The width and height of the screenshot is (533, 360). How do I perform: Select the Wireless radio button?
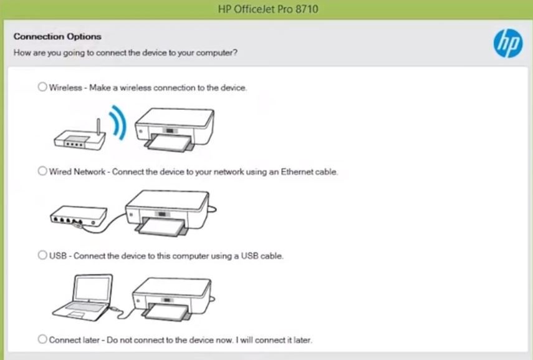tap(42, 87)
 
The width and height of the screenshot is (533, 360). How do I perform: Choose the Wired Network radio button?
tap(42, 171)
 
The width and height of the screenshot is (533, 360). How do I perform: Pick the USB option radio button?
tap(42, 255)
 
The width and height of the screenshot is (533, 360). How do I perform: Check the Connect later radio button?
tap(42, 339)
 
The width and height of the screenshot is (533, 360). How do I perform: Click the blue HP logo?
tap(508, 43)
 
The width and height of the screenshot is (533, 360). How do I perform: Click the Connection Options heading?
tap(57, 36)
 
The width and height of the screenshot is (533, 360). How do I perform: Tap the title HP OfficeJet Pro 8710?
tap(268, 9)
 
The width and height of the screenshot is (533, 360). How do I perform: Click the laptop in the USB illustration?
tap(83, 298)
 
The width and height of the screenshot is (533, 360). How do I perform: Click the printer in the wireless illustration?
tap(175, 130)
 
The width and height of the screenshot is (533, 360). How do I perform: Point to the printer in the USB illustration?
tap(172, 299)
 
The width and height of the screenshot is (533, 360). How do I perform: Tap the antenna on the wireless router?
tap(98, 127)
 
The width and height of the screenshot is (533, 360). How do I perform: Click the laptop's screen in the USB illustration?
tap(93, 288)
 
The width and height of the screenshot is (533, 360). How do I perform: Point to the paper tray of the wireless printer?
tap(169, 143)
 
